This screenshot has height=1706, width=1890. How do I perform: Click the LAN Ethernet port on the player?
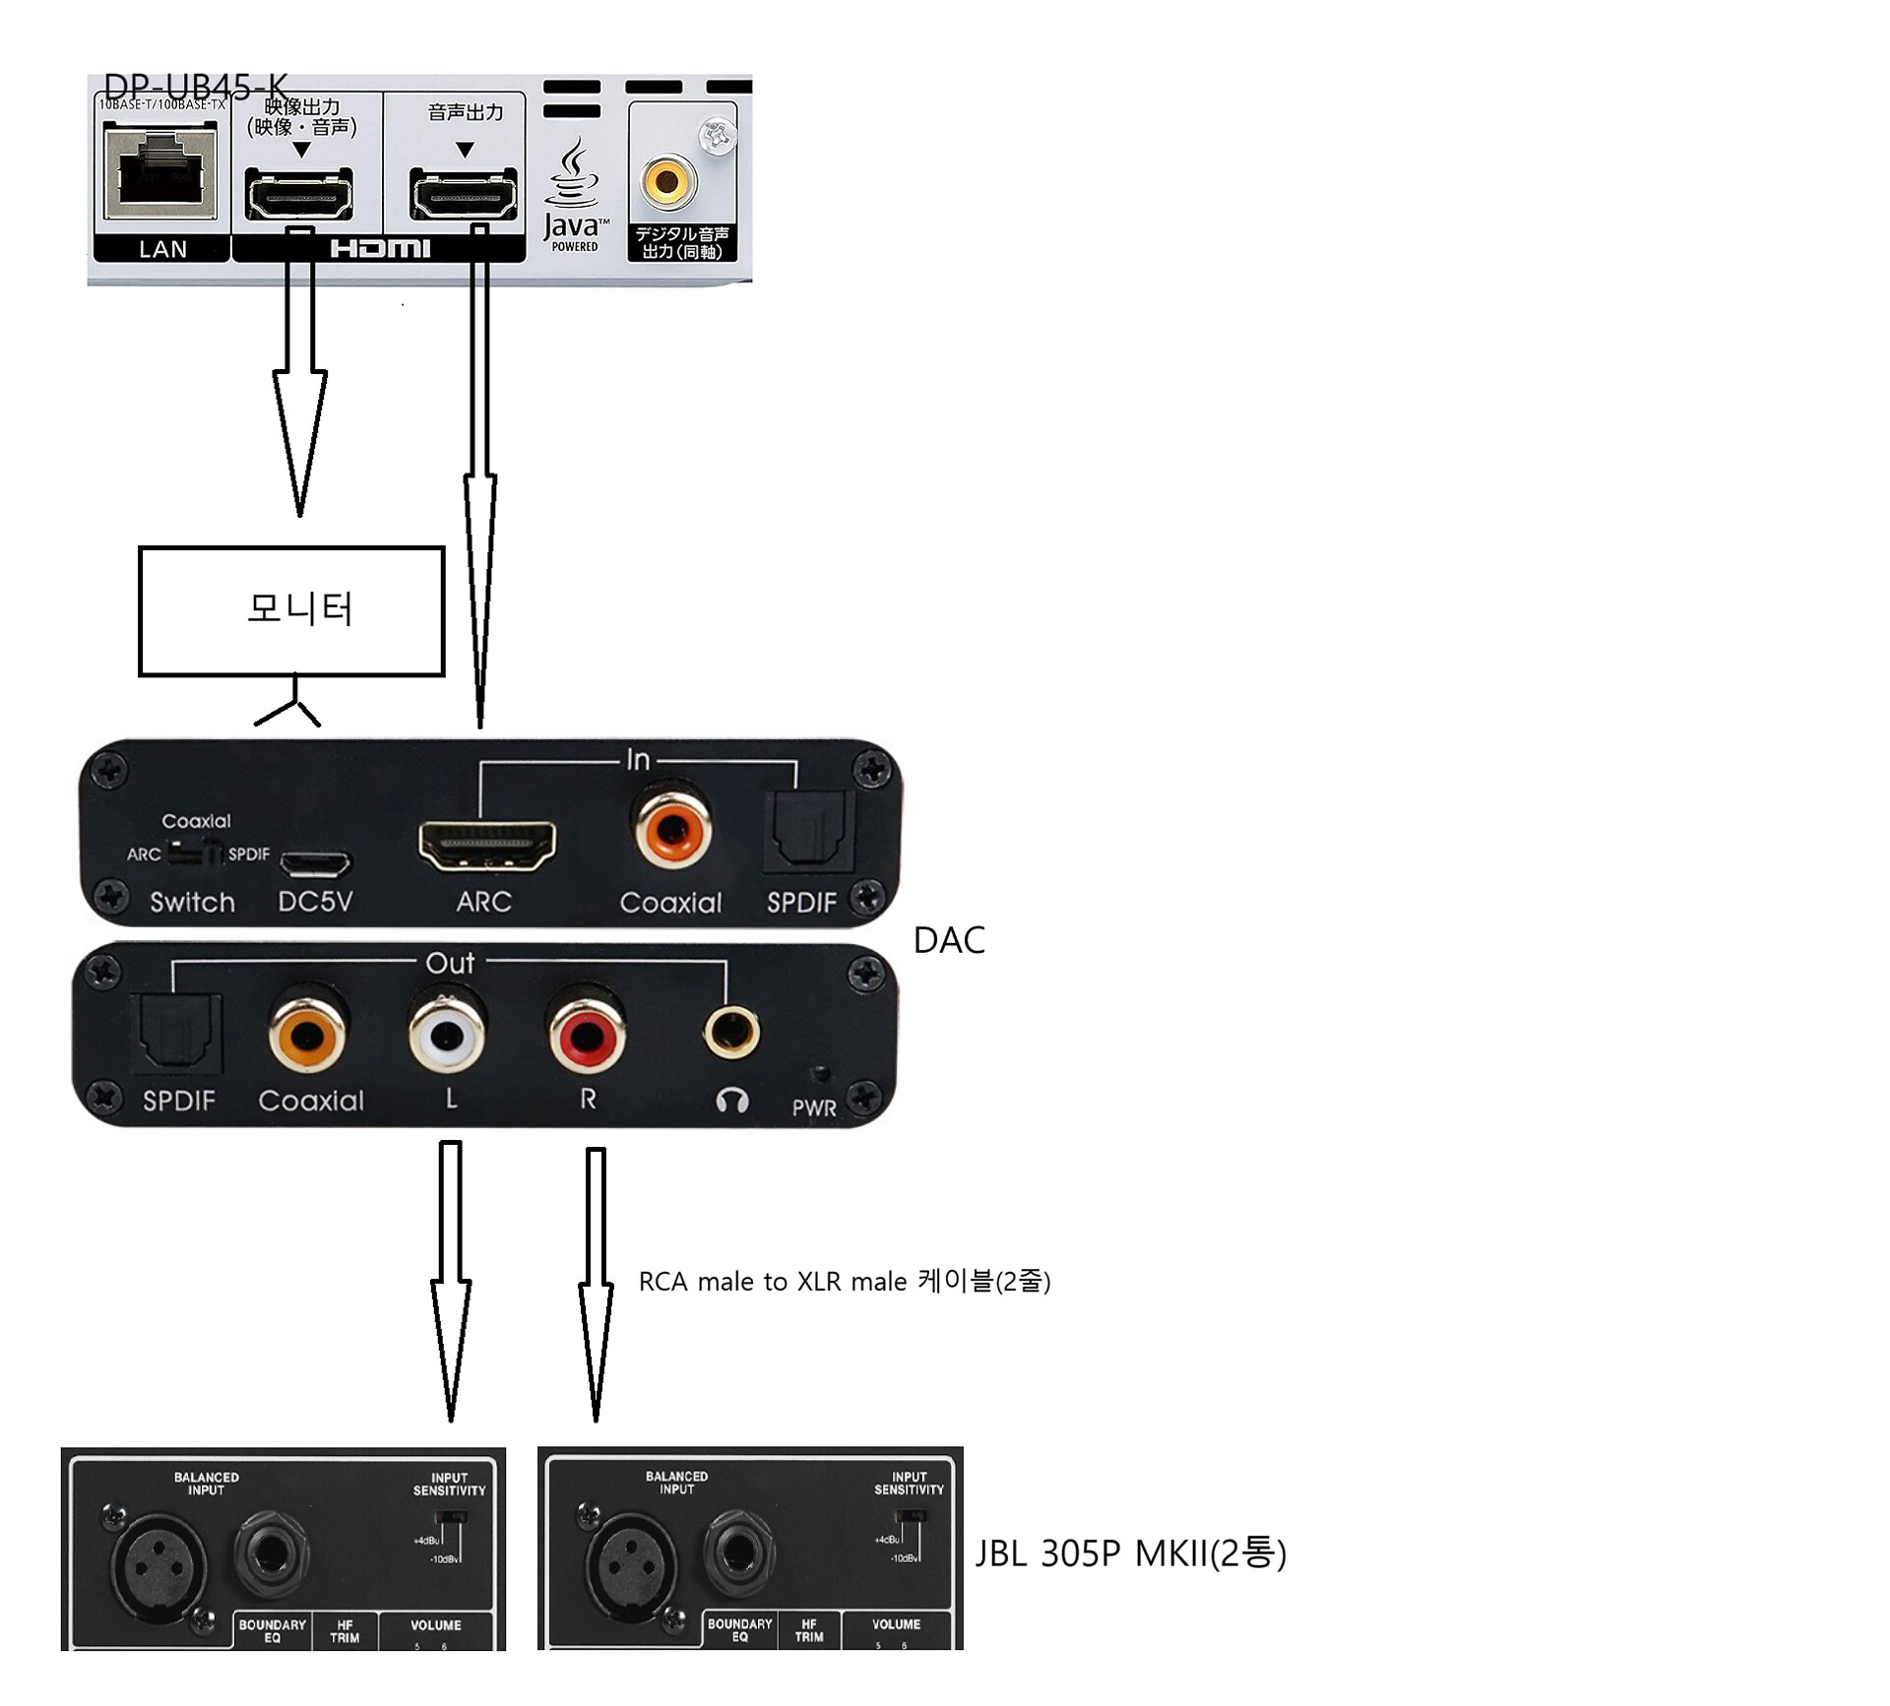coord(160,173)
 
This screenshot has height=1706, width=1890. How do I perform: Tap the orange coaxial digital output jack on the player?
coord(667,181)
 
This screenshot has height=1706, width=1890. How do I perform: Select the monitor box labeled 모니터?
coord(291,611)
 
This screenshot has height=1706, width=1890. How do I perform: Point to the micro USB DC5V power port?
coord(315,863)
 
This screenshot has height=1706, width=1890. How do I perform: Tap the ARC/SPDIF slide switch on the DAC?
coord(194,853)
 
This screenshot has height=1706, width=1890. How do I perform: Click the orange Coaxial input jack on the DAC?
coord(672,829)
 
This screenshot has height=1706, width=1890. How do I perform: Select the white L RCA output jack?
coord(447,1035)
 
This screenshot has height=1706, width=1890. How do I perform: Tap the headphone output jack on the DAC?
coord(731,1032)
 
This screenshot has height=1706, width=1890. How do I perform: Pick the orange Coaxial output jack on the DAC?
coord(307,1035)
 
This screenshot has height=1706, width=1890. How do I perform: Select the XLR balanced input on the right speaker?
coord(631,1563)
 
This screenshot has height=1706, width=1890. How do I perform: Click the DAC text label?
coord(949,940)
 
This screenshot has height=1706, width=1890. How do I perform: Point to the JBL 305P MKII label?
coord(1130,1552)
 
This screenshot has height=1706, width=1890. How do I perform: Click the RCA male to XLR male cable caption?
coord(845,1281)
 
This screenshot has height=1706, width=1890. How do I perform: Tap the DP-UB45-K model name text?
coord(196,89)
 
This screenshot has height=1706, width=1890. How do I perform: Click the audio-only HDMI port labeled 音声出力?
coord(463,194)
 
